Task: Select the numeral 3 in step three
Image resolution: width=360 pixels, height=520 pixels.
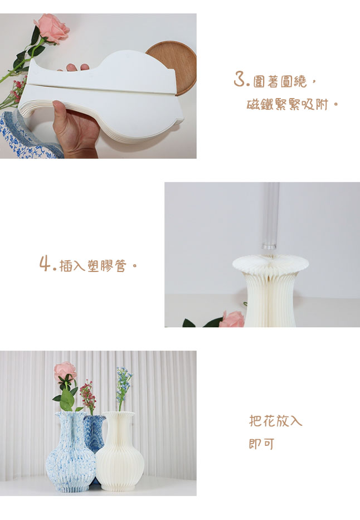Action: pyautogui.click(x=240, y=80)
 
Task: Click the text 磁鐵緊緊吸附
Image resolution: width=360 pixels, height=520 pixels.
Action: pyautogui.click(x=287, y=105)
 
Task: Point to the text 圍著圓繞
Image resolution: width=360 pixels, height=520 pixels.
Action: pyautogui.click(x=280, y=81)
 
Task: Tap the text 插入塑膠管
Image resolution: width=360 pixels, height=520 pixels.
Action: pyautogui.click(x=93, y=266)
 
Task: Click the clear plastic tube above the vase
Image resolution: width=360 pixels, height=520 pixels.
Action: pyautogui.click(x=270, y=216)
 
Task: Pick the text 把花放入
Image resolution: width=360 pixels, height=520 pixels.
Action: pyautogui.click(x=275, y=421)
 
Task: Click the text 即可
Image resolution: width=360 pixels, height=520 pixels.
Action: pyautogui.click(x=261, y=444)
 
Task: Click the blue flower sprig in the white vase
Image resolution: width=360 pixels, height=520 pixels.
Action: pyautogui.click(x=123, y=382)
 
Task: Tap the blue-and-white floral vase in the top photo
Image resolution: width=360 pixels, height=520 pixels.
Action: pyautogui.click(x=27, y=136)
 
